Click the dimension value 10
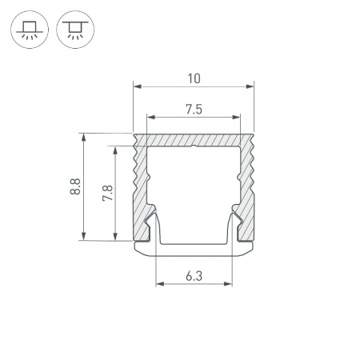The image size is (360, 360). pyautogui.click(x=194, y=78)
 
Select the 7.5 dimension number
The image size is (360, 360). pyautogui.click(x=194, y=110)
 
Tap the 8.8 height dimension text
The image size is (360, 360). pyautogui.click(x=75, y=186)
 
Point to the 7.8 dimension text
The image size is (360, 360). pyautogui.click(x=107, y=193)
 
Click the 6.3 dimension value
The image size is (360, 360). pyautogui.click(x=194, y=276)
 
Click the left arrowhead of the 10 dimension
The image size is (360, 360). pyautogui.click(x=137, y=86)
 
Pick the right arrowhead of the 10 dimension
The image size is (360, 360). pyautogui.click(x=250, y=86)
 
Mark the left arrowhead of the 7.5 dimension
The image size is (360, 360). pyautogui.click(x=151, y=117)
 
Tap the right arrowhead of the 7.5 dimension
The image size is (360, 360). pyautogui.click(x=236, y=117)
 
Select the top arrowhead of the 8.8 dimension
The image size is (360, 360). pyautogui.click(x=84, y=137)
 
